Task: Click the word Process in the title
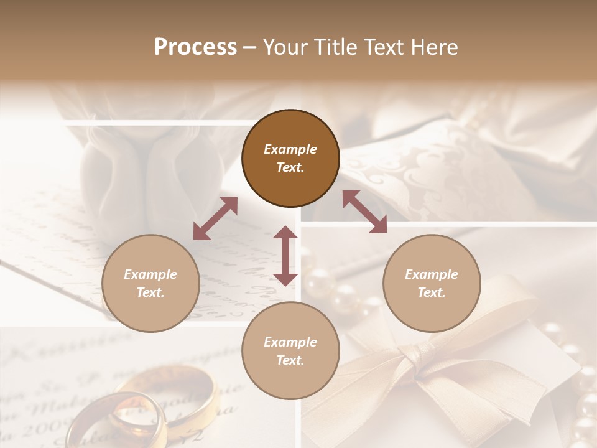click(195, 47)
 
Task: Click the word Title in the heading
click(333, 47)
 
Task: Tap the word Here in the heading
click(433, 47)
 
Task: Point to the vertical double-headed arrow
click(285, 256)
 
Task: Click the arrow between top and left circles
click(215, 218)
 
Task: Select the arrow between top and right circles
click(365, 212)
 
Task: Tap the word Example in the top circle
click(290, 149)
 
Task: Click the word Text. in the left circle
click(150, 292)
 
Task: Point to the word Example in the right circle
click(432, 274)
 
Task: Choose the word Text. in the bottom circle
click(290, 360)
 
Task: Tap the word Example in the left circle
click(150, 274)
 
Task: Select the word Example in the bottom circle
click(290, 342)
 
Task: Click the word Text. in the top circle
click(290, 167)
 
